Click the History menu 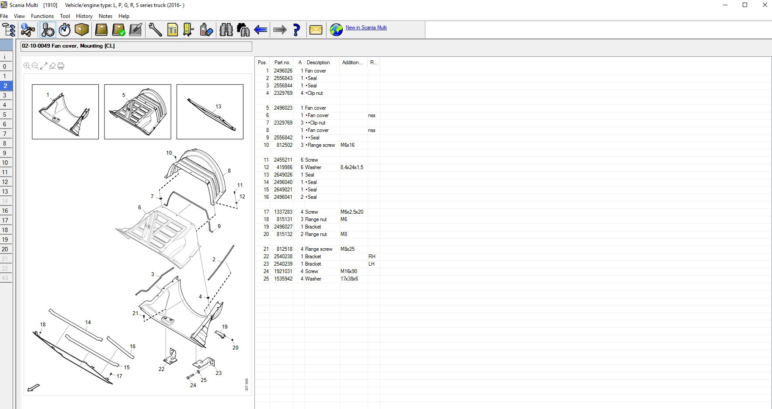[84, 16]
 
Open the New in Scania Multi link [366, 28]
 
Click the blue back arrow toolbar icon [261, 30]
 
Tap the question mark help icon [296, 30]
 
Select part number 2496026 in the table [283, 71]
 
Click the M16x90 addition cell [348, 271]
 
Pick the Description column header [318, 62]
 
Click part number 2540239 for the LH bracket [283, 264]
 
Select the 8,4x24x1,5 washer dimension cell [351, 167]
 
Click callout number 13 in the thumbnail [218, 107]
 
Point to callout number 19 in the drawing [225, 327]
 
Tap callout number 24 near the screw [193, 385]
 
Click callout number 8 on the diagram [229, 171]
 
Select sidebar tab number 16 [5, 211]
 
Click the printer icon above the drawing [61, 66]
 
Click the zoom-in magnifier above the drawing [27, 66]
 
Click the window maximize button [745, 5]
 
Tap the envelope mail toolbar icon [316, 30]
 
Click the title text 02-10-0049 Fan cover [68, 46]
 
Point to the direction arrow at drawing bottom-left [33, 388]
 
